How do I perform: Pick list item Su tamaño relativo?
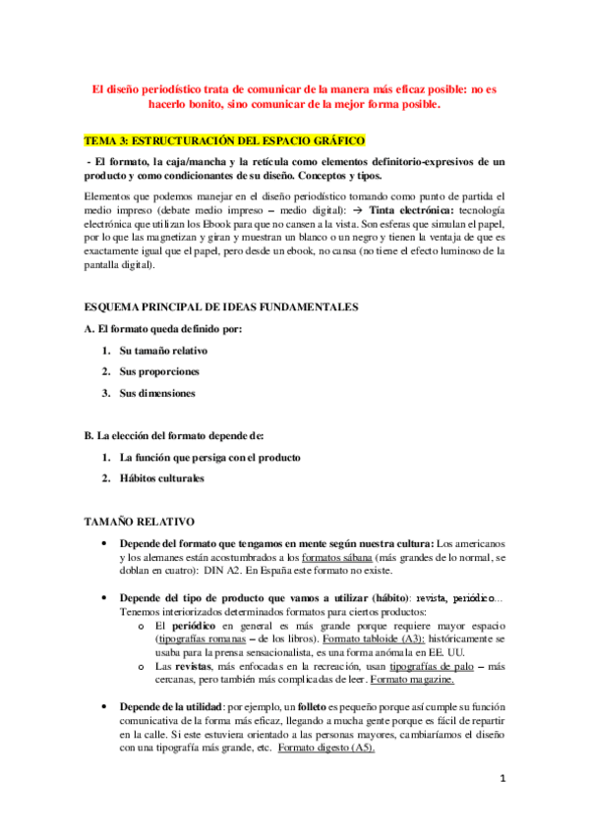[x=163, y=351]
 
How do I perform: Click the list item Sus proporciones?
[x=159, y=372]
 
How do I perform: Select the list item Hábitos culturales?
[x=161, y=478]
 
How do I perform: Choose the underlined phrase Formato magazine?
[x=412, y=680]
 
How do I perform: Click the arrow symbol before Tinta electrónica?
[x=332, y=211]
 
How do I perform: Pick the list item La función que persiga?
[x=209, y=458]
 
